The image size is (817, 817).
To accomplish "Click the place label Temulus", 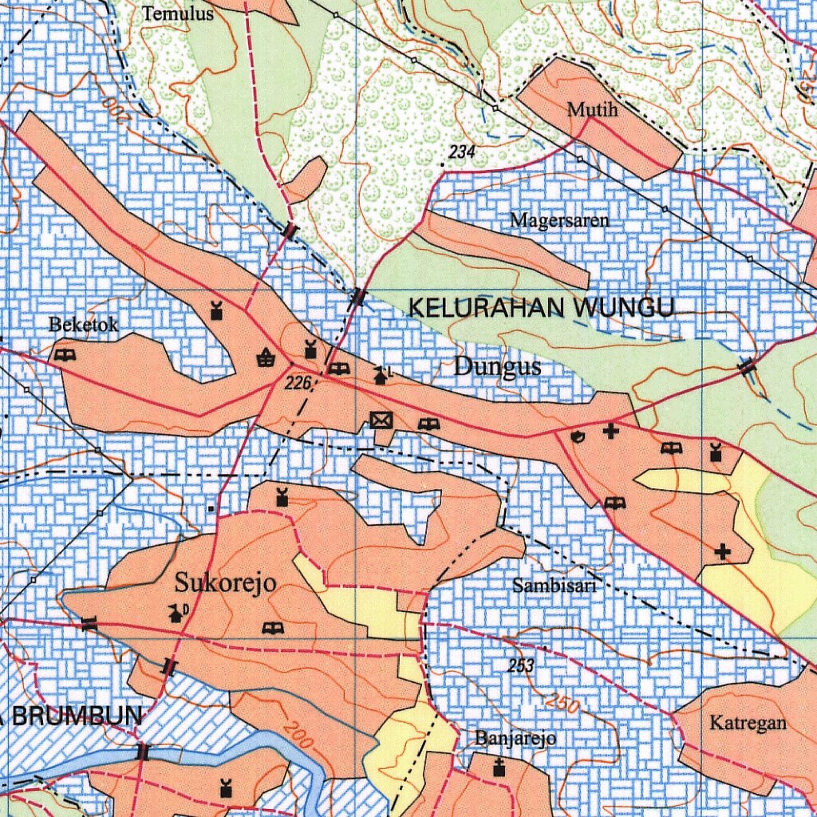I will pyautogui.click(x=178, y=14).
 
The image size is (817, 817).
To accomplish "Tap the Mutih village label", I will pyautogui.click(x=592, y=110).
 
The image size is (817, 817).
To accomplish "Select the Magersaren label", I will pyautogui.click(x=559, y=220).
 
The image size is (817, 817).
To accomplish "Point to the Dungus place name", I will pyautogui.click(x=498, y=367).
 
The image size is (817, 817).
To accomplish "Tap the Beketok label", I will pyautogui.click(x=84, y=325).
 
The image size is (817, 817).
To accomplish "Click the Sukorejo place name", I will pyautogui.click(x=226, y=583).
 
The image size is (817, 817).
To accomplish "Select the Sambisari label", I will pyautogui.click(x=555, y=586).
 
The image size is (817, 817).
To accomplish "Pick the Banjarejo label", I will pyautogui.click(x=515, y=737).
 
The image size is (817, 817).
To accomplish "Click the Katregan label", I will pyautogui.click(x=748, y=724).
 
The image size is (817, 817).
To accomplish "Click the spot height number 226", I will pyautogui.click(x=297, y=385).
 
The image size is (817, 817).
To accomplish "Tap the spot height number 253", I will pyautogui.click(x=521, y=665).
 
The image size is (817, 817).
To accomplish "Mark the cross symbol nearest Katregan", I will pyautogui.click(x=723, y=551).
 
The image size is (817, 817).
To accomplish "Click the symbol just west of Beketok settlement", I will pyautogui.click(x=65, y=354).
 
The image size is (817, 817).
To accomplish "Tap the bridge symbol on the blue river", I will pyautogui.click(x=143, y=752).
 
